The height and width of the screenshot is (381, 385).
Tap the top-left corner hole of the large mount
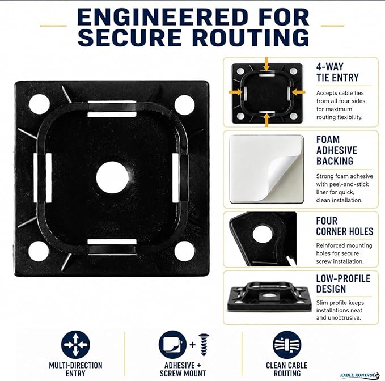point(40,104)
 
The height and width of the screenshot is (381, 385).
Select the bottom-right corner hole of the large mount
point(185,252)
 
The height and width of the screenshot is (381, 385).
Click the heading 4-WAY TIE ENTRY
point(337,72)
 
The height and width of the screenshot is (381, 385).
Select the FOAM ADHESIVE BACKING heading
point(337,150)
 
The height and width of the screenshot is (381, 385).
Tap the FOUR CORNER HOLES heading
point(345,226)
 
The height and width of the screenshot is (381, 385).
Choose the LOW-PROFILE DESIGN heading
point(343,283)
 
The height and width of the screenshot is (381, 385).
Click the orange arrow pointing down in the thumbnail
point(266,64)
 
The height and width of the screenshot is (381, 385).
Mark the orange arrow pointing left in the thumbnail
point(299,92)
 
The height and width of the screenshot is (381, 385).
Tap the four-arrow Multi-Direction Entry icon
point(75,344)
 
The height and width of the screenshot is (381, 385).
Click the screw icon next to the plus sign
point(204,345)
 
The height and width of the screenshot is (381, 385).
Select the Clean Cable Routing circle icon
point(287,345)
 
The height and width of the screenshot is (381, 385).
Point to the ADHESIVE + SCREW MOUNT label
point(183,370)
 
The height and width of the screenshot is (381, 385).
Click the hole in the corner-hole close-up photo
point(263,234)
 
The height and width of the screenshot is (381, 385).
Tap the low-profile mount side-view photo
point(264,297)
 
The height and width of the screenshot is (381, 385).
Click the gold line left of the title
point(53,26)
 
